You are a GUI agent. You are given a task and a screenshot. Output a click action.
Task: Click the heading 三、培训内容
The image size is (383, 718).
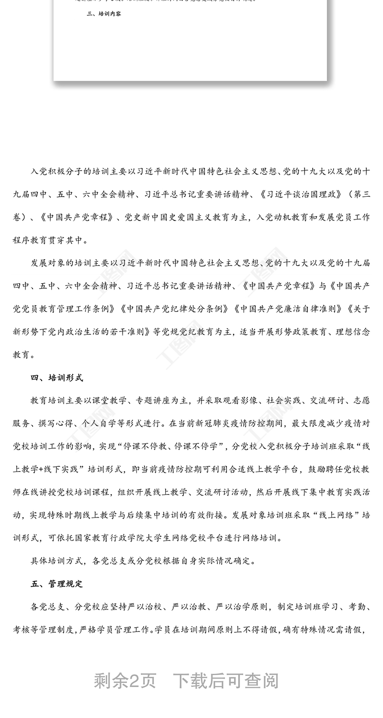[103, 14]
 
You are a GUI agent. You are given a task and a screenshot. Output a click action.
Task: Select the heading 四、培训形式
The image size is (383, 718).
[57, 378]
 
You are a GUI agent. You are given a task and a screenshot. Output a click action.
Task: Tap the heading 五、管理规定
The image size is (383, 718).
[57, 584]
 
